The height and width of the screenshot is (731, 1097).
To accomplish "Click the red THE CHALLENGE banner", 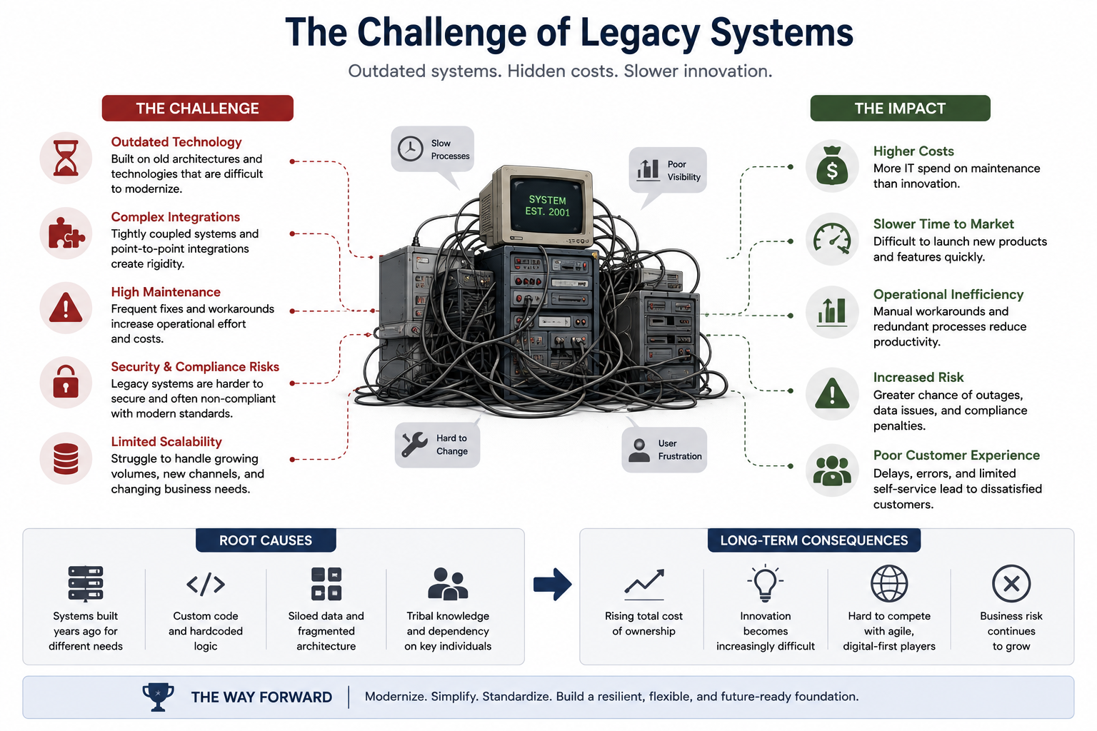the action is pyautogui.click(x=197, y=109).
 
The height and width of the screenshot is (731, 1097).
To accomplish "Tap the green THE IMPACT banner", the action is pyautogui.click(x=900, y=109).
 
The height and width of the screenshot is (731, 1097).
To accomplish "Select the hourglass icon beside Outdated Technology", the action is pyautogui.click(x=66, y=158).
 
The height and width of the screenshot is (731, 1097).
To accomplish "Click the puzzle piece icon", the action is pyautogui.click(x=66, y=233).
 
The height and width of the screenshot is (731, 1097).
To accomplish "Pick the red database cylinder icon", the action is pyautogui.click(x=66, y=459).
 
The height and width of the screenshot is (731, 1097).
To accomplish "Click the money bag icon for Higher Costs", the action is pyautogui.click(x=832, y=166).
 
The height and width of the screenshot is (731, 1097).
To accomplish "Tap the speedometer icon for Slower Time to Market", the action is pyautogui.click(x=832, y=239).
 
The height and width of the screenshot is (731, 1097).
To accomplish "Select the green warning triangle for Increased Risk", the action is pyautogui.click(x=832, y=393).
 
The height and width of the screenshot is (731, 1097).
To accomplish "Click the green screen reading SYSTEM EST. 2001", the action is pyautogui.click(x=548, y=206).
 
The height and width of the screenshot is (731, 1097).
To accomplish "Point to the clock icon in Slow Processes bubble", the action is pyautogui.click(x=411, y=149).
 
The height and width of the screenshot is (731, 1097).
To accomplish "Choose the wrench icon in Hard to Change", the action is pyautogui.click(x=414, y=445).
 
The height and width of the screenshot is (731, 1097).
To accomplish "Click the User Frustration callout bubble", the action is pyautogui.click(x=664, y=450).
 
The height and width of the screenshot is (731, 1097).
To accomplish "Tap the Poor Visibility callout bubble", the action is pyautogui.click(x=668, y=171).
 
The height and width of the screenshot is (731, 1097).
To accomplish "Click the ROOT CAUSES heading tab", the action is pyautogui.click(x=266, y=540).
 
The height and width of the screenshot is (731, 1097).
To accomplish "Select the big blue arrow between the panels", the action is pyautogui.click(x=552, y=584).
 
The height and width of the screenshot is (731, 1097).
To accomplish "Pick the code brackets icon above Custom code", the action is pyautogui.click(x=206, y=584).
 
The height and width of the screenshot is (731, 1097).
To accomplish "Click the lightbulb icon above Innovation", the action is pyautogui.click(x=766, y=583).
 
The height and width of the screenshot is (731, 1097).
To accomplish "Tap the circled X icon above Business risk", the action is pyautogui.click(x=1011, y=584).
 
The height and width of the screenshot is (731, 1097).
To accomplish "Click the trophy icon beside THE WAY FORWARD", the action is pyautogui.click(x=158, y=697).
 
